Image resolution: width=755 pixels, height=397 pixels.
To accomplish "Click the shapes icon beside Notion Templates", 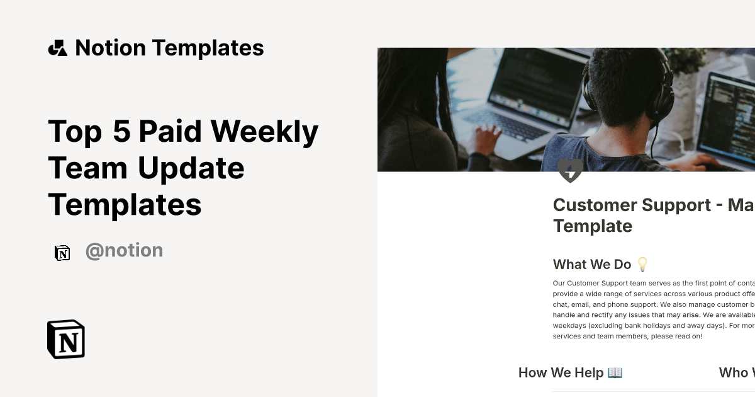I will [x=57, y=48].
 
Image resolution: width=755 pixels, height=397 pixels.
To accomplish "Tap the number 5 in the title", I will [x=121, y=131].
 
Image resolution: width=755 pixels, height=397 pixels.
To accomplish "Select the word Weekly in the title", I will [x=264, y=131].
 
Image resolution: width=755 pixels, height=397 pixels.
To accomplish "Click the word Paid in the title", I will [x=170, y=131].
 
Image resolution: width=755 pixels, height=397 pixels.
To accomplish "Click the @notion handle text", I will [x=124, y=251].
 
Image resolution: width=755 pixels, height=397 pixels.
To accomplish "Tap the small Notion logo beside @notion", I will [x=62, y=253].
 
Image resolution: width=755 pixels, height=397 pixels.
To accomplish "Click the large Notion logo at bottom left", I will [x=66, y=339].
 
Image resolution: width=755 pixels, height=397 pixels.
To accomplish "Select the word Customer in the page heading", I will [x=592, y=205].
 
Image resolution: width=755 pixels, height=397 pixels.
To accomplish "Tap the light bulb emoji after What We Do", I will [x=642, y=264].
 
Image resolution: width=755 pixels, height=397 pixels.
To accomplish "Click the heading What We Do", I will [x=591, y=264].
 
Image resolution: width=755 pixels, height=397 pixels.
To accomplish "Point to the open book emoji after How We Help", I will [x=615, y=372].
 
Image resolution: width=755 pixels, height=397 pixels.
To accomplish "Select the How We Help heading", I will [x=561, y=372].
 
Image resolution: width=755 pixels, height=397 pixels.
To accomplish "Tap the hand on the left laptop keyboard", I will [x=488, y=139].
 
